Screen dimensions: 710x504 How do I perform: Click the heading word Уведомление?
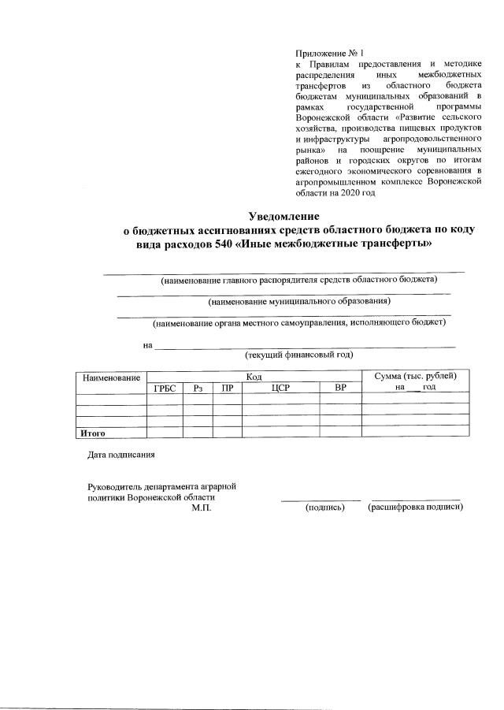click(283, 216)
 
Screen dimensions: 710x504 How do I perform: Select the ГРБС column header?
click(164, 388)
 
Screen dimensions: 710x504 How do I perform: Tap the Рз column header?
click(198, 388)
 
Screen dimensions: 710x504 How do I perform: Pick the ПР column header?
click(227, 388)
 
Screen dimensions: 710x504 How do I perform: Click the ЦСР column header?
click(280, 388)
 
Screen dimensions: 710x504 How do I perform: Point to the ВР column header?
click(340, 388)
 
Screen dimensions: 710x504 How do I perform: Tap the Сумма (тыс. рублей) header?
click(416, 377)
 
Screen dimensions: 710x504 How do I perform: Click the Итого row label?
click(93, 432)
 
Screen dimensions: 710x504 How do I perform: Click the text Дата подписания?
click(121, 455)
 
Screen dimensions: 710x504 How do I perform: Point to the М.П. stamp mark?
click(202, 507)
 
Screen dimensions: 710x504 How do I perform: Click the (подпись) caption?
click(325, 507)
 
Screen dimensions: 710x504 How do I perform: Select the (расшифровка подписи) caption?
click(416, 507)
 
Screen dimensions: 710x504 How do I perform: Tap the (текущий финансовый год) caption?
click(298, 355)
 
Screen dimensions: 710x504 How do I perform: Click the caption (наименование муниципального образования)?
click(298, 301)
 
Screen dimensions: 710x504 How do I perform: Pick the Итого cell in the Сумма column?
click(416, 432)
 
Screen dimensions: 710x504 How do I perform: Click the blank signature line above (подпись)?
click(321, 500)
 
